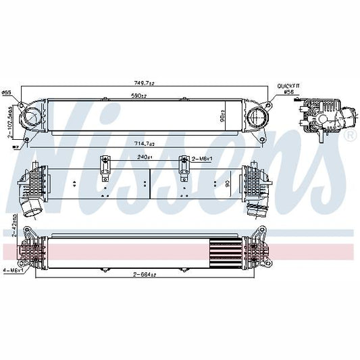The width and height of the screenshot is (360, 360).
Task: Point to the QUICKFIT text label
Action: point(288,86)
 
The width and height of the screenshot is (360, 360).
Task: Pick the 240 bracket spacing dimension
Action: point(144,157)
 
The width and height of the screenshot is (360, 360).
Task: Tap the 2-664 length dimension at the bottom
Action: point(143,275)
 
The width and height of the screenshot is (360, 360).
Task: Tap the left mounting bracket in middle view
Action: point(105,168)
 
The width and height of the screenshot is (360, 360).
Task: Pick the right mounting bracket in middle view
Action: point(182,168)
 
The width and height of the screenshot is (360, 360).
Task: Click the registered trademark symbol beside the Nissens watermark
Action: point(349,136)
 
